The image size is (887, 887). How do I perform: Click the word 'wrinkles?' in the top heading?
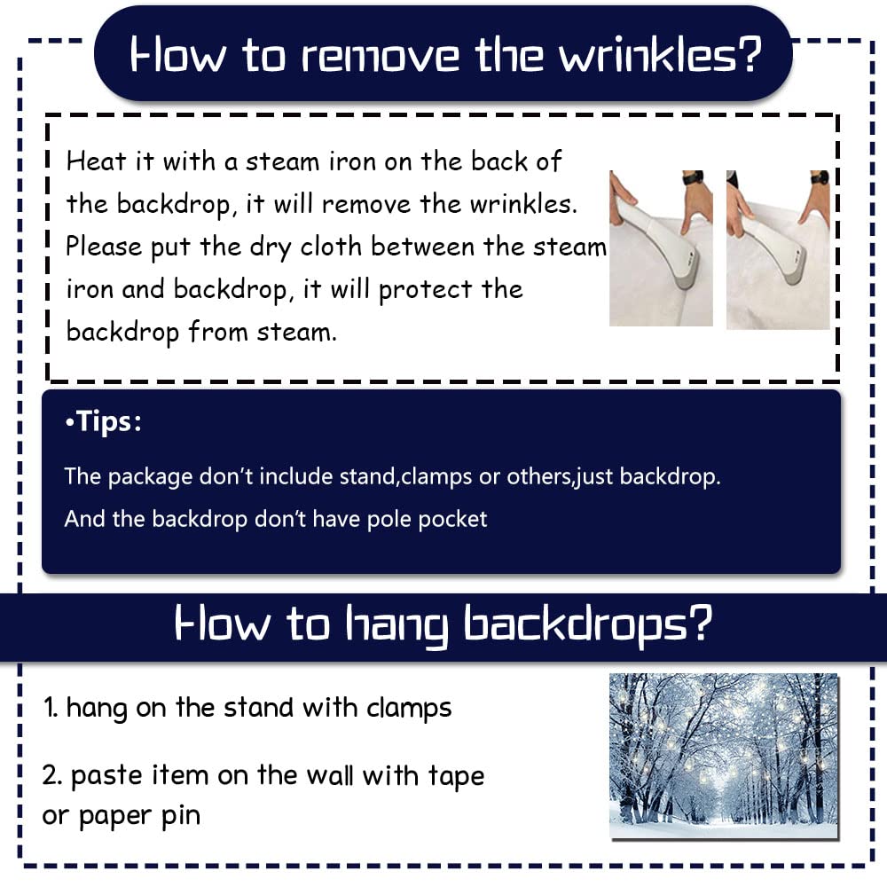660,55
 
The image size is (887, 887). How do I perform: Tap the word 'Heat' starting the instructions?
96,161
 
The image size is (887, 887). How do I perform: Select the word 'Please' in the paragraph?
104,247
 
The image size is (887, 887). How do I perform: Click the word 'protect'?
426,290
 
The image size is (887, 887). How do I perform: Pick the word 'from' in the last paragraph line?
218,332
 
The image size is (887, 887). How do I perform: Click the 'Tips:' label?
104,421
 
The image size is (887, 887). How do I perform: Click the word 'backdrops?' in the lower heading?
587,624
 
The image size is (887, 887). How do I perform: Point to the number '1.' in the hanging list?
51,707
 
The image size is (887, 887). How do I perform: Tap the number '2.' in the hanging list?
52,775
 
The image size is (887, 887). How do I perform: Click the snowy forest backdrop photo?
724,756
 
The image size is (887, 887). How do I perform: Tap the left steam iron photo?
661,248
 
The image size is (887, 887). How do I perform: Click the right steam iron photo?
778,249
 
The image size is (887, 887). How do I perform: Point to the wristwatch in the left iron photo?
693,177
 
